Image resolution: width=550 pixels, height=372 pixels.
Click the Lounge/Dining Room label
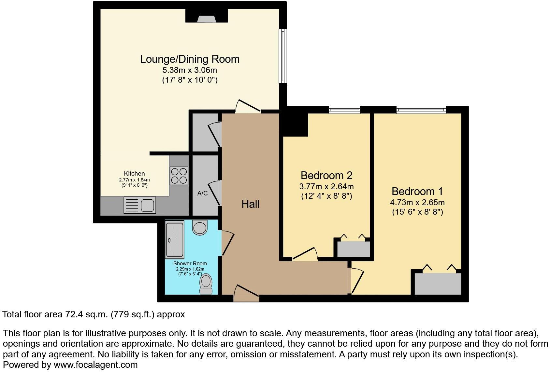[x=190, y=59]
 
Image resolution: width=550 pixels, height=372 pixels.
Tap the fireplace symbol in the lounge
[x=207, y=19]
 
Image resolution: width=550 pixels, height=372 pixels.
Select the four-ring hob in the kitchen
[x=179, y=176]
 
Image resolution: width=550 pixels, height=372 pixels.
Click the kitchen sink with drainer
[x=139, y=206]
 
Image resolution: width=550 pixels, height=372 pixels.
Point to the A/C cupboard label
[x=202, y=193]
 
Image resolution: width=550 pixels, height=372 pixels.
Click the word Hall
[x=250, y=204]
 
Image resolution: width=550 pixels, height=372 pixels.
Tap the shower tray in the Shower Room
[x=175, y=239]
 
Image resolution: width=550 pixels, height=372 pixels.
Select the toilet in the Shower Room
[x=206, y=284]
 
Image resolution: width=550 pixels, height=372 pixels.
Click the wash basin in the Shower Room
[x=200, y=227]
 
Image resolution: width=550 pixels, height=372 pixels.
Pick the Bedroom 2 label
[x=326, y=176]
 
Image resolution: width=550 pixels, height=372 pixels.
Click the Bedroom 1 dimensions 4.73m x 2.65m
[x=417, y=203]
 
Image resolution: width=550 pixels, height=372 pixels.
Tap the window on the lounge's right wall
[x=283, y=56]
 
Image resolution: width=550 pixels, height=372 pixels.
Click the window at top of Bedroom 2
[x=344, y=110]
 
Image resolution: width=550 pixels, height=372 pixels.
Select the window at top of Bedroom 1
[x=421, y=110]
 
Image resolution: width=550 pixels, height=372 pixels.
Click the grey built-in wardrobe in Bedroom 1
[x=438, y=284]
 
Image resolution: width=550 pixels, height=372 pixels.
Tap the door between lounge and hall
[x=249, y=108]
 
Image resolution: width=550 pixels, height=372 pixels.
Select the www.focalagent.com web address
[x=95, y=365]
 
